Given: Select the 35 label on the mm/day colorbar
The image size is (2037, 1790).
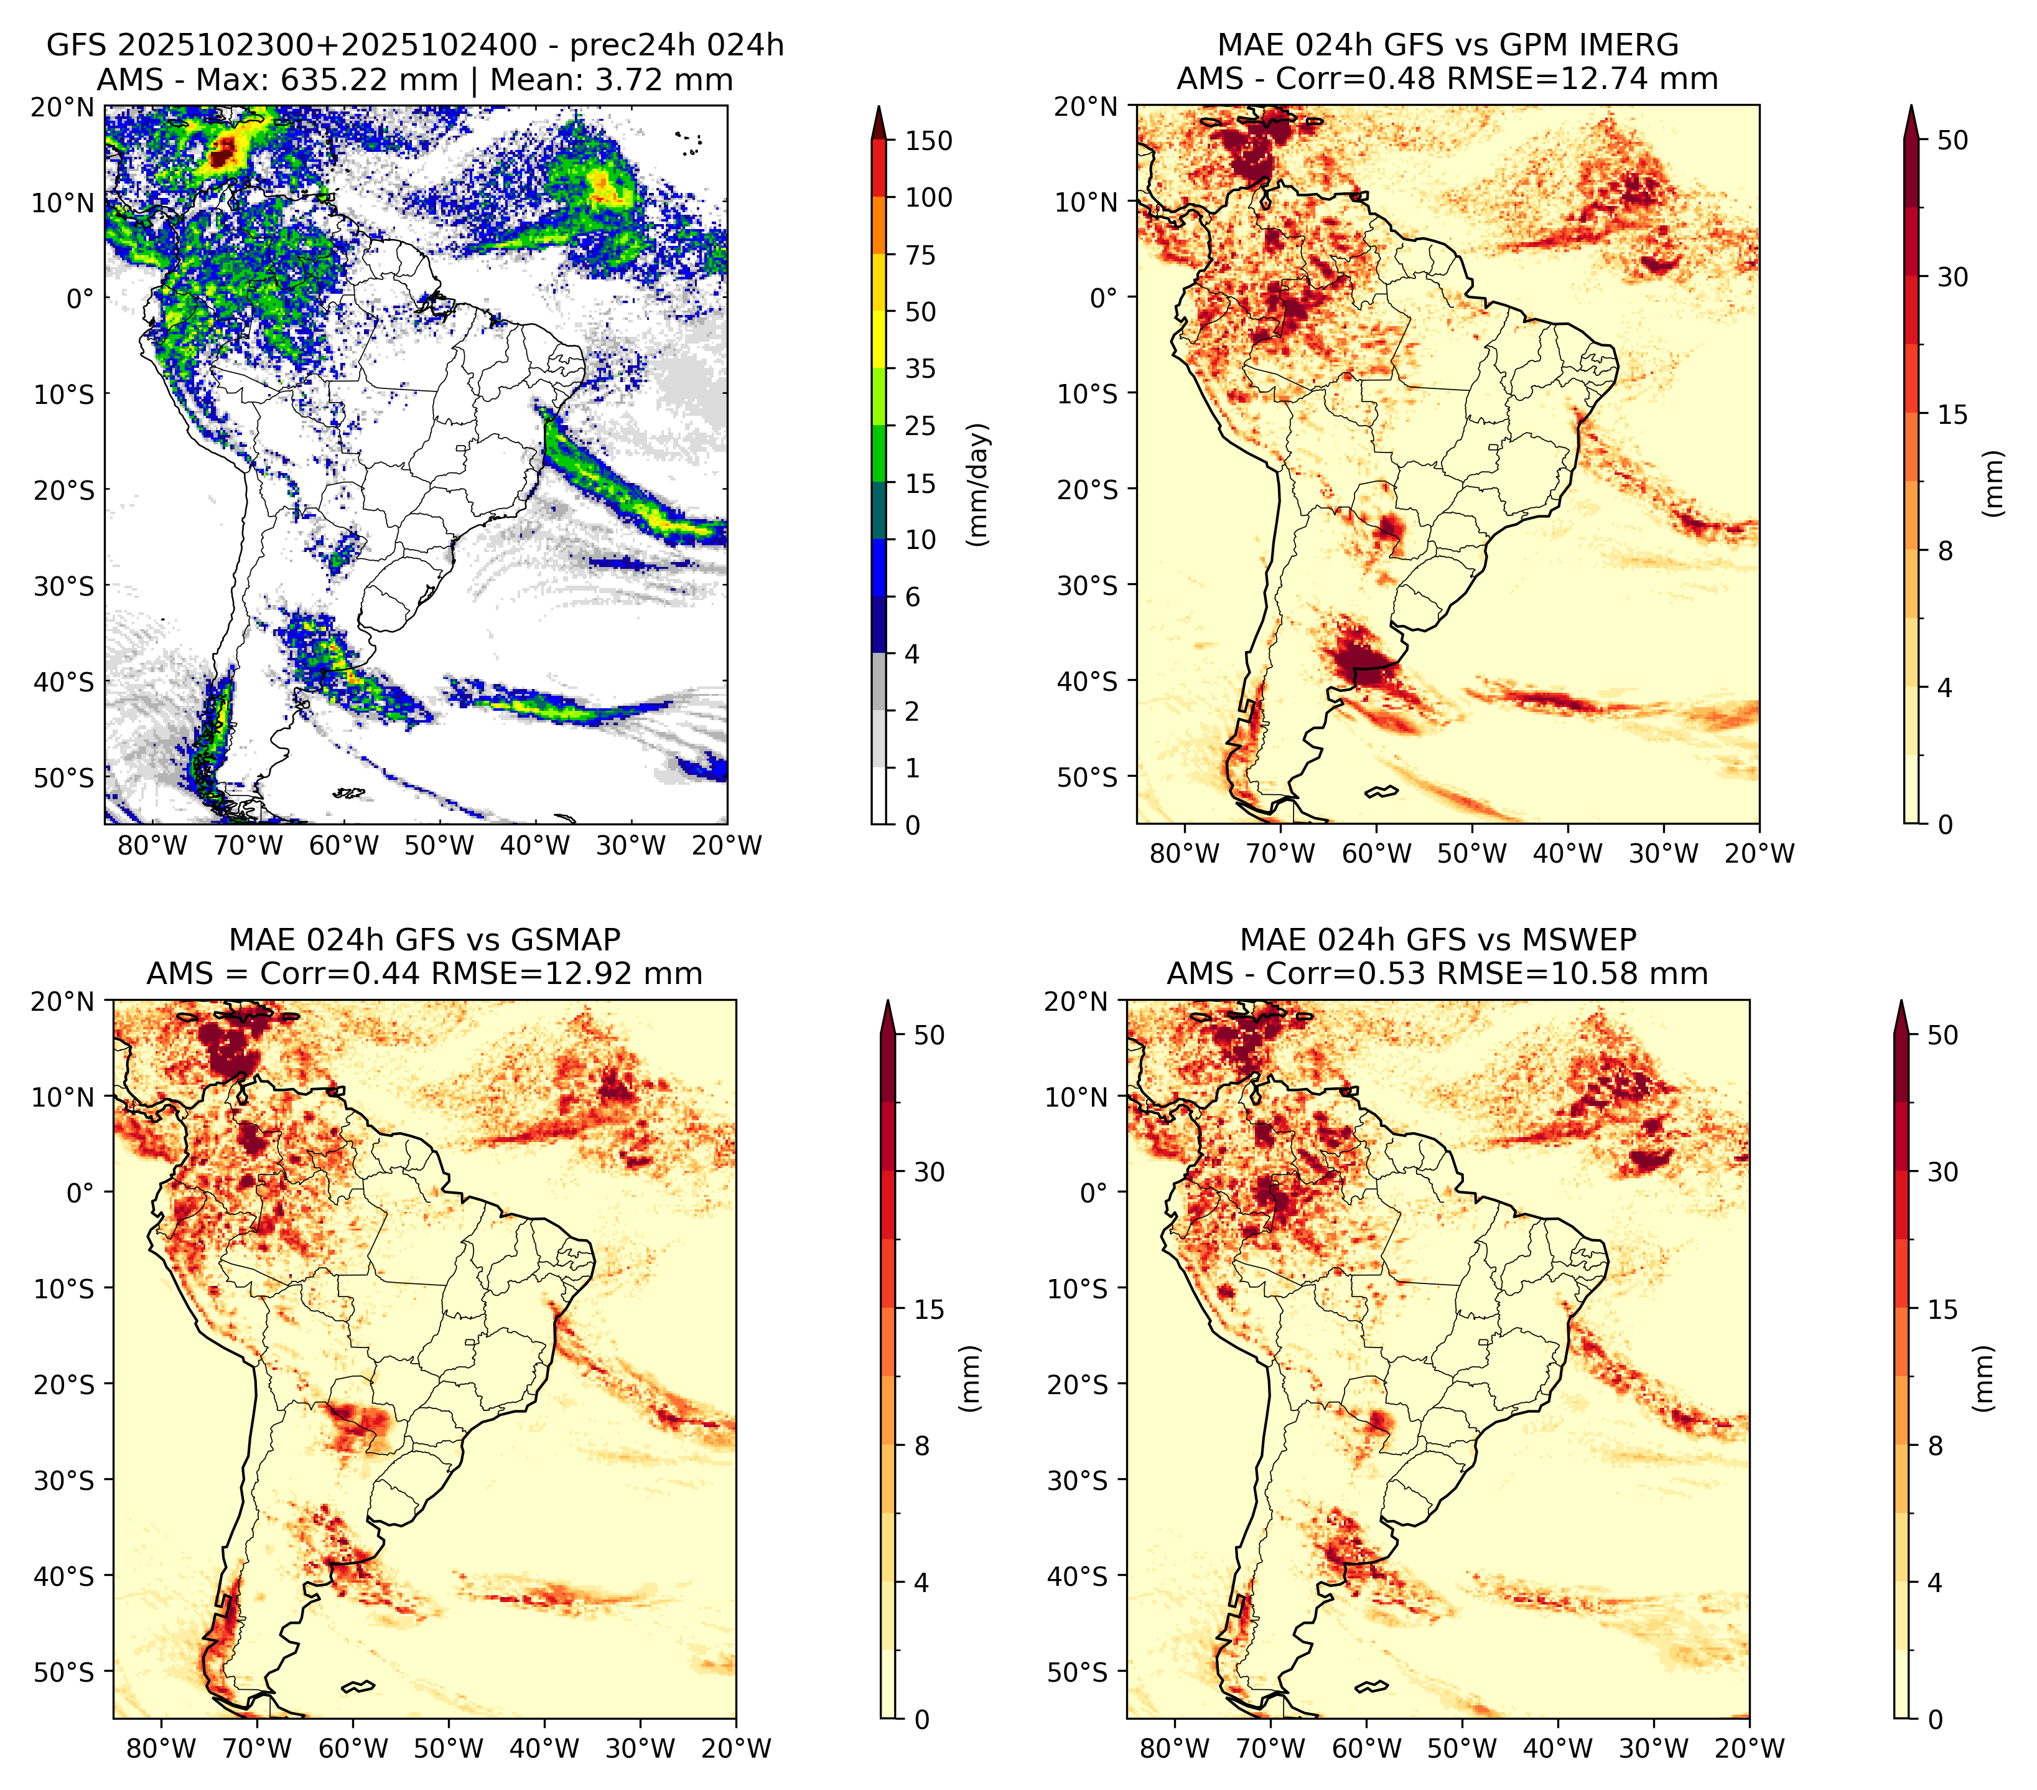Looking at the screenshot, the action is pos(921,368).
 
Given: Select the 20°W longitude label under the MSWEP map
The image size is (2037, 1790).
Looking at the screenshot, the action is pos(1749,1748).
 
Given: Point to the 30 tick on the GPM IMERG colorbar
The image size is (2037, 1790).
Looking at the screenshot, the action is pos(1952,277).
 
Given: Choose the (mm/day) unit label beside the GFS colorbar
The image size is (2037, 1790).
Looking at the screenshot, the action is pos(980,484).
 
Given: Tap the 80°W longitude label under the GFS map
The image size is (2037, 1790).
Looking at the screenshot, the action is pos(152,846).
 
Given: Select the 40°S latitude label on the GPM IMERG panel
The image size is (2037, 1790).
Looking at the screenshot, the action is pos(1088,681).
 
